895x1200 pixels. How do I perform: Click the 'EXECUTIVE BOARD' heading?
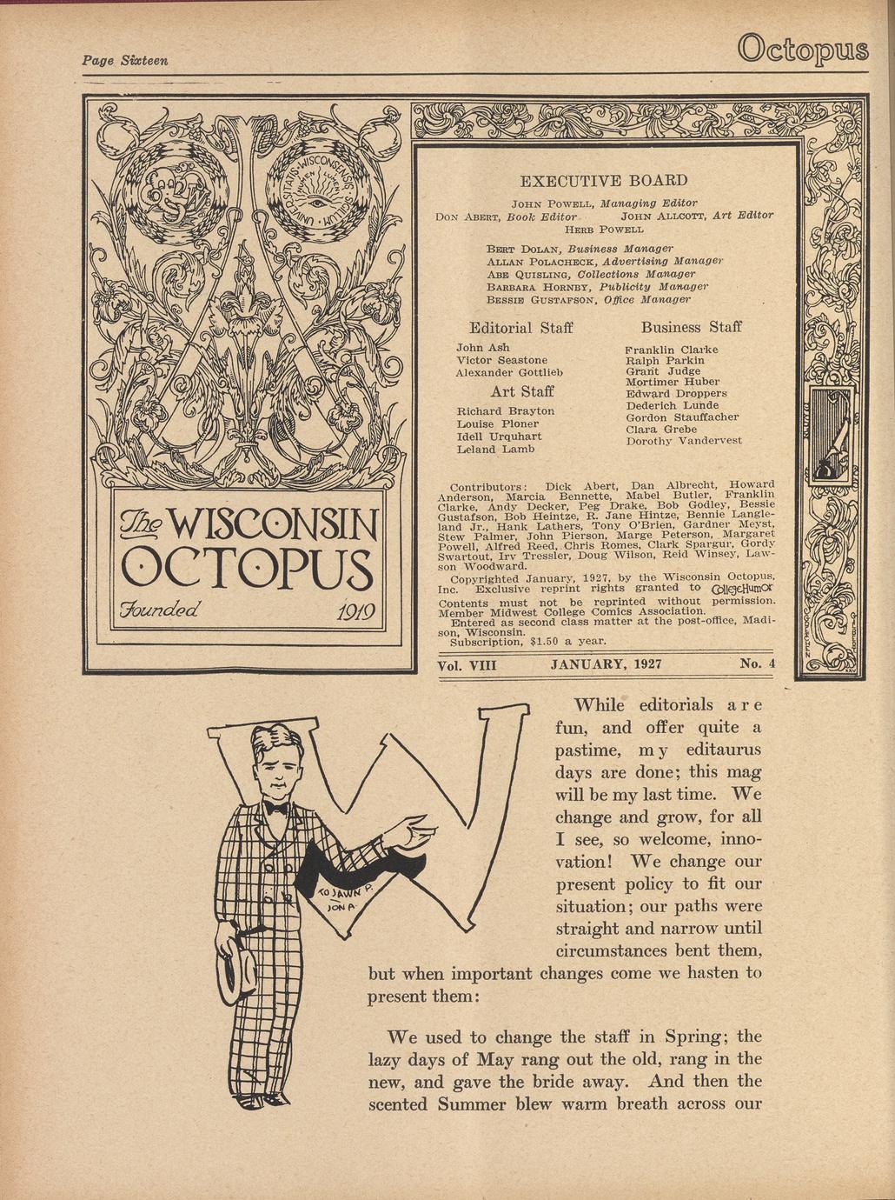tap(603, 181)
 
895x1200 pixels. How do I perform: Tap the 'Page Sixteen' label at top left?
tap(124, 60)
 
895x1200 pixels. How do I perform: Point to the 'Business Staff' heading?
tap(691, 327)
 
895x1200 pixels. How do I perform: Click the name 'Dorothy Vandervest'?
tap(684, 441)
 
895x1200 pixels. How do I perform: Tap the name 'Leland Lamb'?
tap(495, 450)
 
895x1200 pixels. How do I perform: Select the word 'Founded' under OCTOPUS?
tap(163, 605)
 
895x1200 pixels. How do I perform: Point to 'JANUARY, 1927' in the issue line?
tap(607, 664)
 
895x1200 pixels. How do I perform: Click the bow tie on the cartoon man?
tap(276, 808)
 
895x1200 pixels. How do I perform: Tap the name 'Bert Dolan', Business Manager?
tap(516, 249)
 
